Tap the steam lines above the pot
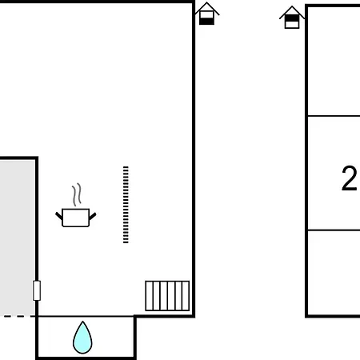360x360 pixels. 77,194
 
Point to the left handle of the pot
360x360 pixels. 58,216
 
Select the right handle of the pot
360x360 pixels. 93,216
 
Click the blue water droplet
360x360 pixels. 82,338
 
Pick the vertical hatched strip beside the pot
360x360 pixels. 126,205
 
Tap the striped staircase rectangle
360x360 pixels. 167,296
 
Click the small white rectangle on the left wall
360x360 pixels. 37,290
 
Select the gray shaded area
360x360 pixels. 18,238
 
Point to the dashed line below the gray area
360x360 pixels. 18,316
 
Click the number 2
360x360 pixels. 349,178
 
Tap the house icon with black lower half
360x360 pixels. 207,14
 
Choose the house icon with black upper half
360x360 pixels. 292,18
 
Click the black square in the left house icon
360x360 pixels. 207,22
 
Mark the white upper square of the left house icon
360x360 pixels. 207,15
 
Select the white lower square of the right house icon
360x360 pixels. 292,25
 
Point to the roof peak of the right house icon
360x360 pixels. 292,6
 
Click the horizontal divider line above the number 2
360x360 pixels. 334,116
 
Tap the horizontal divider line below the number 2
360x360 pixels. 334,230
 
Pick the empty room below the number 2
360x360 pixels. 334,273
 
